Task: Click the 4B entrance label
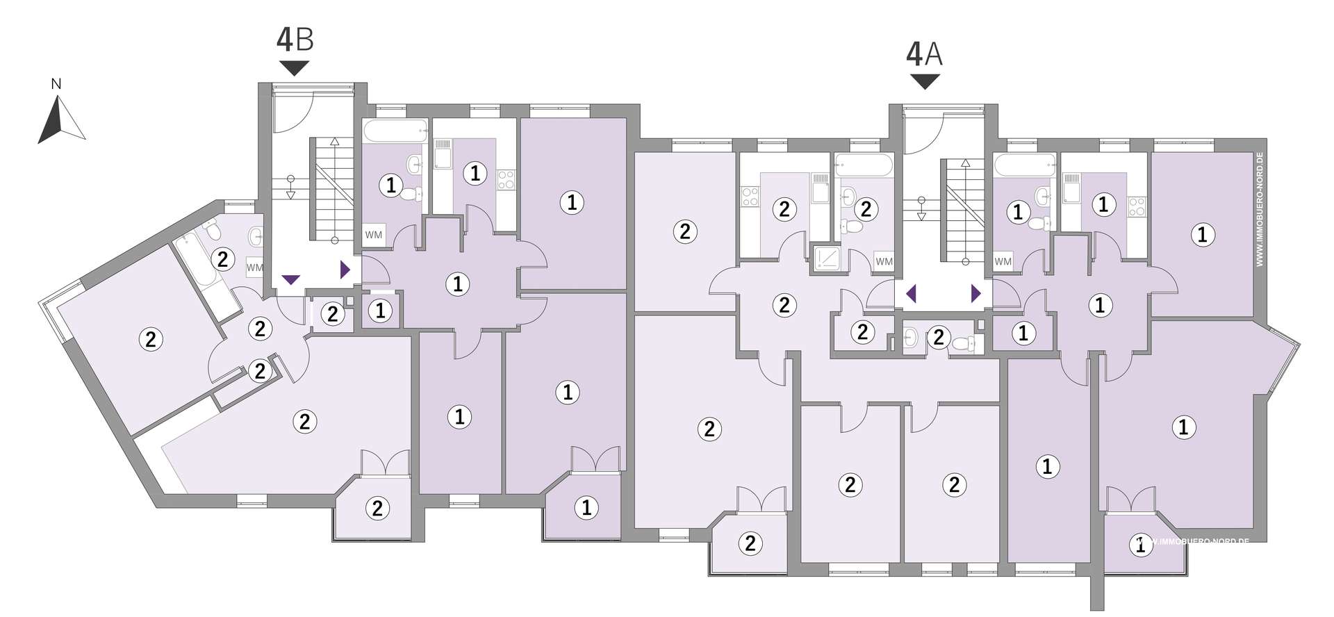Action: coord(295,39)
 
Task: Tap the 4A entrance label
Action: coord(925,54)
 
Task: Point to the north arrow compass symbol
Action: coord(61,119)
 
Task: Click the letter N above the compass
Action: coord(56,84)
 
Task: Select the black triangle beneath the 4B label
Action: coord(295,68)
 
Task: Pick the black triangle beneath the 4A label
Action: coord(925,82)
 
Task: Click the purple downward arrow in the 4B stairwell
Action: coord(290,280)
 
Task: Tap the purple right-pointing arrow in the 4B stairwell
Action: coord(345,270)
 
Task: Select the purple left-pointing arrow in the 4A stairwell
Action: coord(912,294)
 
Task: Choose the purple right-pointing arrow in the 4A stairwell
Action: coord(976,294)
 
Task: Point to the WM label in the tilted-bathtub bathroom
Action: coord(255,267)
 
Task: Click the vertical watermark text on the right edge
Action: coord(1260,209)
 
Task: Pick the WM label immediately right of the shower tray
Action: coord(884,262)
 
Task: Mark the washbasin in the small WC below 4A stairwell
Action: coord(912,338)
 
